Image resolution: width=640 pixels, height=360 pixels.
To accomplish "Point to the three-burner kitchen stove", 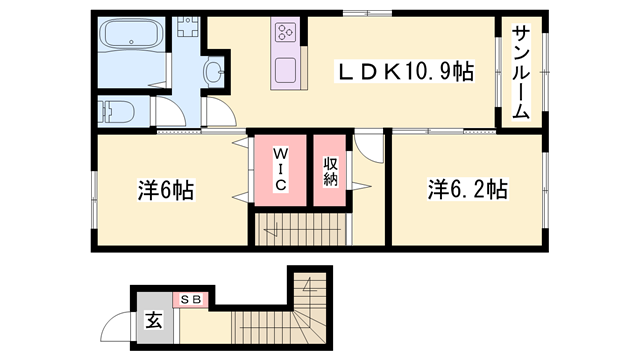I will coord(285,34).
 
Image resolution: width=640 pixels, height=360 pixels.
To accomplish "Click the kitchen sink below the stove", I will coord(285,72).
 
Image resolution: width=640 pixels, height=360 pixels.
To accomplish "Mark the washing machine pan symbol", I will coord(187,27).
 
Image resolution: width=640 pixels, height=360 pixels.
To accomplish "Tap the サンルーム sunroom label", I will coord(521,72).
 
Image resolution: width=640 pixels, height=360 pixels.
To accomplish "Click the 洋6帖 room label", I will coord(166,189).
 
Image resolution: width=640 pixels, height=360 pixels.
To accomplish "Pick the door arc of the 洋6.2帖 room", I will coord(371,149).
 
